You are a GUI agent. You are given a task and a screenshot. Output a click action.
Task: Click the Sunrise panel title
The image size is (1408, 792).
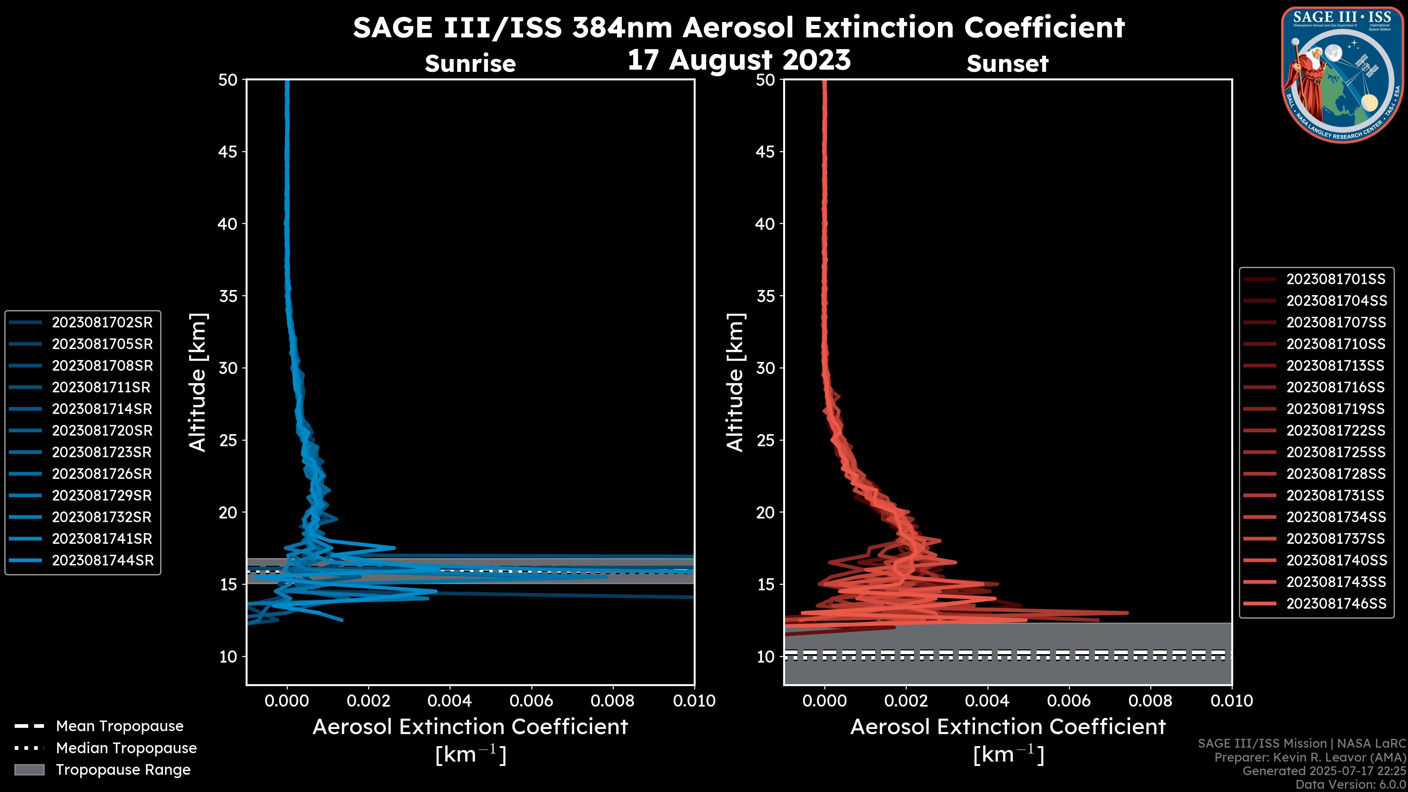(470, 64)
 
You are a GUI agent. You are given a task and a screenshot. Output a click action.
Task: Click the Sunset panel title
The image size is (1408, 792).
(1007, 64)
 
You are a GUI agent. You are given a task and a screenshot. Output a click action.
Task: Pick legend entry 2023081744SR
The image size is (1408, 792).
(103, 560)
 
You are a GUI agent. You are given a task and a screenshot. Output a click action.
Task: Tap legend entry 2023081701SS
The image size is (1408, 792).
(1336, 279)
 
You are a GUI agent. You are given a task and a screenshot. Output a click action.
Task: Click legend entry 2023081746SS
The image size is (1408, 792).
(1336, 604)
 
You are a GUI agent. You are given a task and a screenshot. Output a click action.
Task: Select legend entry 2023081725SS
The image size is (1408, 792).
(1336, 452)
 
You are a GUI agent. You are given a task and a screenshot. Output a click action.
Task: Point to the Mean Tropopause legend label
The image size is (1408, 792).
(120, 726)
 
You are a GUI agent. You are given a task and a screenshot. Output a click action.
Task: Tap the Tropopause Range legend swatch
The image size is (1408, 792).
(29, 770)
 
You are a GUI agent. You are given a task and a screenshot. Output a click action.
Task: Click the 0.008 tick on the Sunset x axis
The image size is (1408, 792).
(1151, 701)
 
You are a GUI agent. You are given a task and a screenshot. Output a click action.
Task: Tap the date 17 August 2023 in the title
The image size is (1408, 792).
(738, 60)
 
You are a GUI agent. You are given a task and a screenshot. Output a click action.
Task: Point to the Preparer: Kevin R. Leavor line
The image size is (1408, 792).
(1310, 758)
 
